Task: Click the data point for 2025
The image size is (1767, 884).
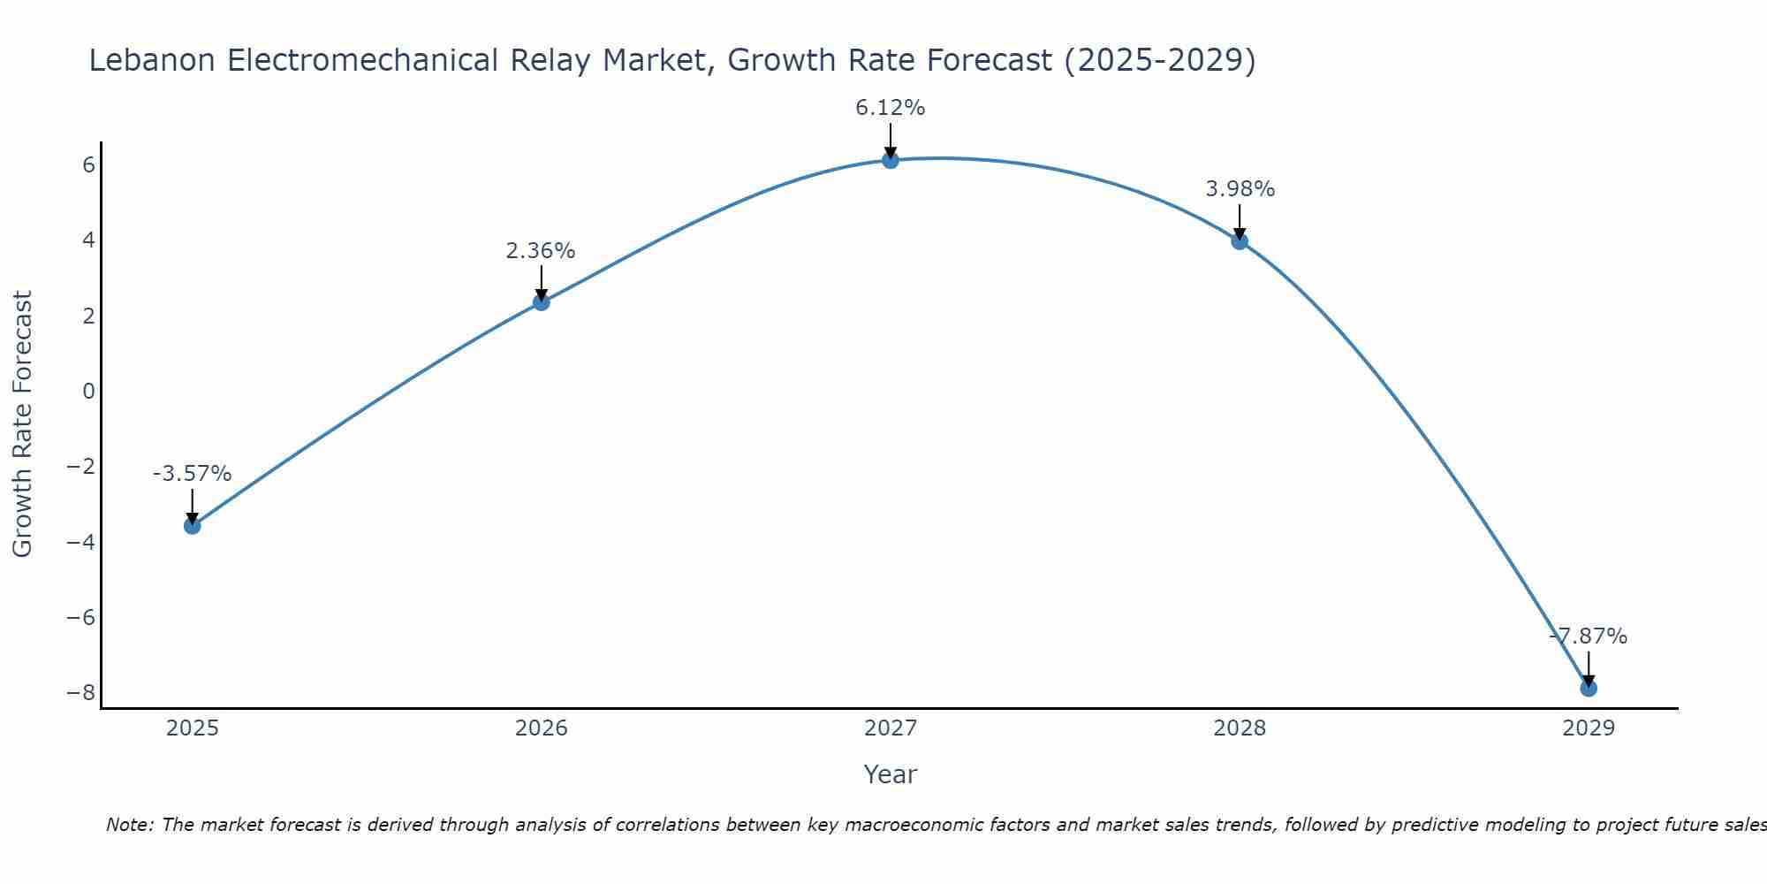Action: (x=193, y=526)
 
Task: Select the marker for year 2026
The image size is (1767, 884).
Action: (x=542, y=302)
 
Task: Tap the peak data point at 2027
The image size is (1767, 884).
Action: (x=891, y=160)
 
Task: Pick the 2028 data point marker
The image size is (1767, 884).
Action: (x=1240, y=240)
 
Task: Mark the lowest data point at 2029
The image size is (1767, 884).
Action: (x=1589, y=688)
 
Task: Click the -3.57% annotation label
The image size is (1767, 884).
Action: (x=192, y=474)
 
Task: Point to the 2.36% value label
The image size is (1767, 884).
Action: (x=541, y=251)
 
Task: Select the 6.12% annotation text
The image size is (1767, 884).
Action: (x=890, y=108)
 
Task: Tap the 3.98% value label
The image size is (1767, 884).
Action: (x=1240, y=189)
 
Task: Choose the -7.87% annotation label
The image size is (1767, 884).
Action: (x=1588, y=636)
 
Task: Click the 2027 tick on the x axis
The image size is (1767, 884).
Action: (x=891, y=728)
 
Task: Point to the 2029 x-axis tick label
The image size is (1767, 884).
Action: (x=1589, y=728)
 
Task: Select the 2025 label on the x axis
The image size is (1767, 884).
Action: (x=193, y=728)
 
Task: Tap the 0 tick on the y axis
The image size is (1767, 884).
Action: (x=88, y=391)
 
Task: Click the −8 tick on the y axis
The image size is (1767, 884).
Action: (x=81, y=692)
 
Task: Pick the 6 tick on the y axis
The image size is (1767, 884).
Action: (x=88, y=165)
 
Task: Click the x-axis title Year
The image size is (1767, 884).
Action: (x=891, y=774)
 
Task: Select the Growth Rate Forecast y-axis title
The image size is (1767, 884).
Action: (x=22, y=424)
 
